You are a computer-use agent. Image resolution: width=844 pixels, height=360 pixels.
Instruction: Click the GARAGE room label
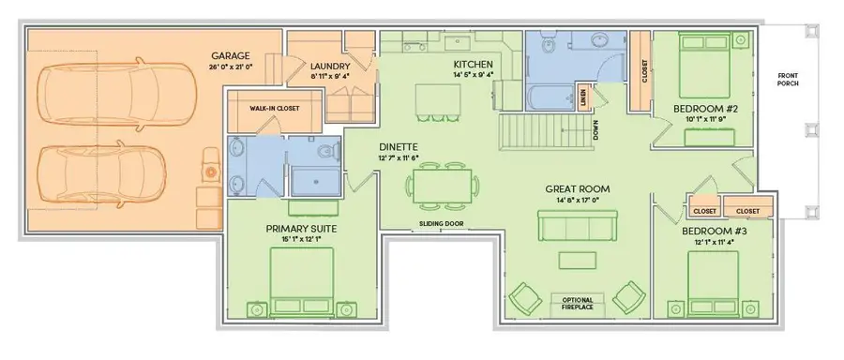click(230, 55)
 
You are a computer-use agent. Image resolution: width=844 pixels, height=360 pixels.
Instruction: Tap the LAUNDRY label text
click(330, 66)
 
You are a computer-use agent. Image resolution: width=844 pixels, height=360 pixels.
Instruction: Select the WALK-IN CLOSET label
click(274, 108)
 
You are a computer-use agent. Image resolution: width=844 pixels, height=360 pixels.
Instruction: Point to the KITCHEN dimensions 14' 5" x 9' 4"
click(473, 74)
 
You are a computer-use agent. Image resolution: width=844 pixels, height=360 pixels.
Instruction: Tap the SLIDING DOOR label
click(441, 223)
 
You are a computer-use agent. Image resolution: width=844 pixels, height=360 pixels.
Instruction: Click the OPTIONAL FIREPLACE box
click(576, 303)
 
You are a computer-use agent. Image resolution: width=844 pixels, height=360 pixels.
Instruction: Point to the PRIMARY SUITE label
click(301, 228)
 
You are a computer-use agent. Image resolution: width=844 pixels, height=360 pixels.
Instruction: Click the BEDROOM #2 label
click(706, 109)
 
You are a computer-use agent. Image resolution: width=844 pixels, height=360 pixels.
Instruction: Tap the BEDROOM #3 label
click(714, 231)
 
